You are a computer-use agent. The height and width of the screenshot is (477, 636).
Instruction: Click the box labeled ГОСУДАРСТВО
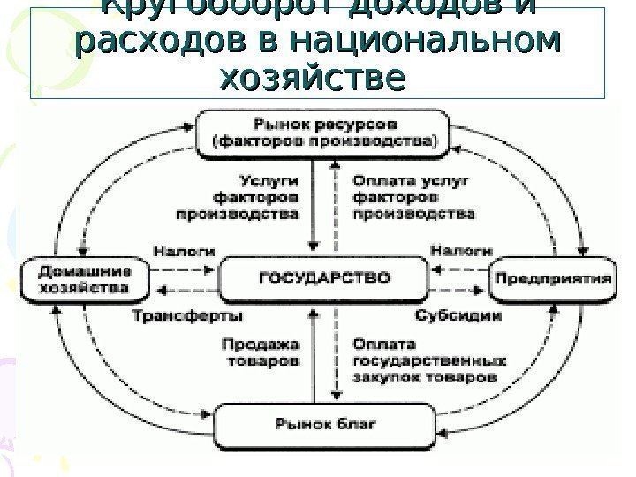(323, 278)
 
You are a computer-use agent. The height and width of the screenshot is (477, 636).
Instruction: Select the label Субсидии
(458, 314)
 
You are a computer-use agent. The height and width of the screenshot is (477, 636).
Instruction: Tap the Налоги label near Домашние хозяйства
(184, 250)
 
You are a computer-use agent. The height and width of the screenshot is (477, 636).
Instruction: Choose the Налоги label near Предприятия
(461, 250)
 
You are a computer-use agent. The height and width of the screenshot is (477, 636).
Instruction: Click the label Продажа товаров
(261, 353)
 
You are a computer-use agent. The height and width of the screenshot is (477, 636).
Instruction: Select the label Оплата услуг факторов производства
(412, 197)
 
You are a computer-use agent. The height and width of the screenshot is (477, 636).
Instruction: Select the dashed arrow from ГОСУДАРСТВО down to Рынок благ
(334, 353)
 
